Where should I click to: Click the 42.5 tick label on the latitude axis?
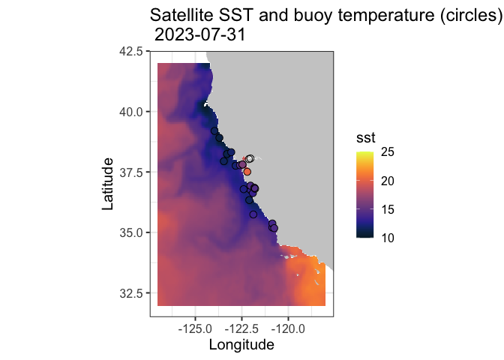tap(133, 51)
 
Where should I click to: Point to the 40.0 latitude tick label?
tap(133, 112)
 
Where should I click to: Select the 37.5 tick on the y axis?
tap(133, 172)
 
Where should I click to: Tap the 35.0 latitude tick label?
tap(133, 232)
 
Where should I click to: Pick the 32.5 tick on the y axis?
tap(133, 292)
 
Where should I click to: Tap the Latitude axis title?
tap(109, 184)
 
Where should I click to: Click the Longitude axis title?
tap(241, 345)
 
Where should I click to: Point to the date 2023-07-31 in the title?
tap(200, 34)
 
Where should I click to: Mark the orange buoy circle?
tap(247, 172)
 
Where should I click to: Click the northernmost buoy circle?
tap(214, 130)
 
